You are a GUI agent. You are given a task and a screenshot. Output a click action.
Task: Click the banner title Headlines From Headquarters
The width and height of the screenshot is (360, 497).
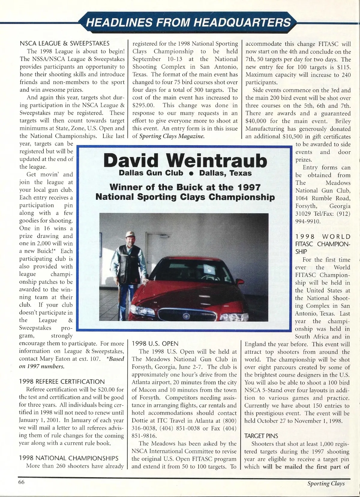(x=188, y=22)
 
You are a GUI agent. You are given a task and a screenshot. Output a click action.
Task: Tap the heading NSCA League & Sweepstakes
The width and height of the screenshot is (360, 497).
(x=64, y=43)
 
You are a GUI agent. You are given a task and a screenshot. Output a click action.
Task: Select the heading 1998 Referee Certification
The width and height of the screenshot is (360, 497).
(x=62, y=382)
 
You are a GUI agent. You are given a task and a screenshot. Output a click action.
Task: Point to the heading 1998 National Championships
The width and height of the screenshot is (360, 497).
(x=69, y=458)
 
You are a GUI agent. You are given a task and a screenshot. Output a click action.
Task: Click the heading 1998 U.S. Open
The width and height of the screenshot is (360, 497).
(x=155, y=343)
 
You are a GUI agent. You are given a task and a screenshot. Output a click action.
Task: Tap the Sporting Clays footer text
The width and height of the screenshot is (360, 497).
(x=326, y=483)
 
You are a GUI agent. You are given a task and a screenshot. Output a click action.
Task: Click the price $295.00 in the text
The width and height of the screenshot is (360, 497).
(x=143, y=105)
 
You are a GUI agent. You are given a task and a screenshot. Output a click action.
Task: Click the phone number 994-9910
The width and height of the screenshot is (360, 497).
(x=308, y=221)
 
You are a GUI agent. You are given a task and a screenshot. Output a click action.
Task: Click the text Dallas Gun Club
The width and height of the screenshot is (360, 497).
(x=151, y=173)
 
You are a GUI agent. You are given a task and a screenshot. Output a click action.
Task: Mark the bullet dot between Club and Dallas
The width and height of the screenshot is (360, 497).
(x=191, y=174)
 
